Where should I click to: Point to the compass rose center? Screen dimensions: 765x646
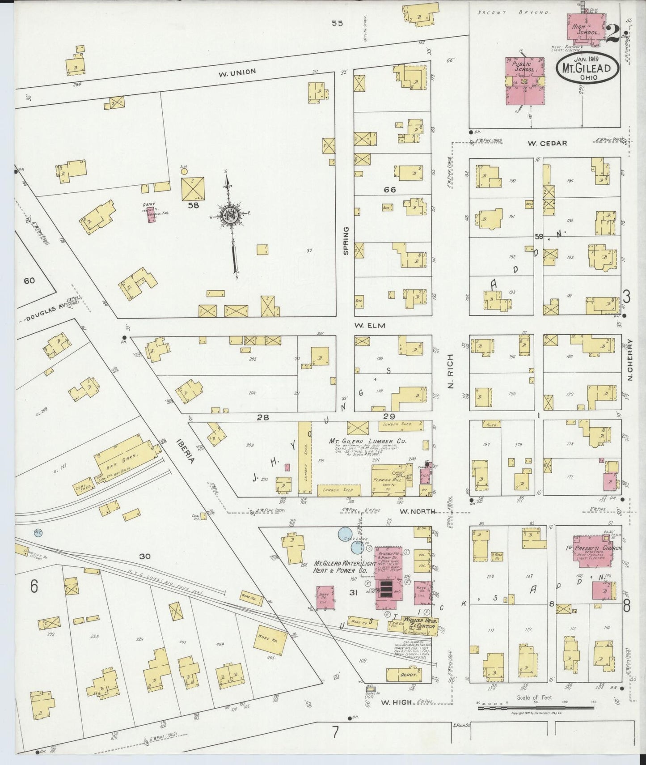230,217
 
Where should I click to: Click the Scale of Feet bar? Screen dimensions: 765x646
536,708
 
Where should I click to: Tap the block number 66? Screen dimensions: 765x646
389,190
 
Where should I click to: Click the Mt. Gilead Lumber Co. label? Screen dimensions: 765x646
367,441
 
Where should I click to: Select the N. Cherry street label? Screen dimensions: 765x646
630,359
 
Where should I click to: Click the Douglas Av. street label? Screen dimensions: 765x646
43,314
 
